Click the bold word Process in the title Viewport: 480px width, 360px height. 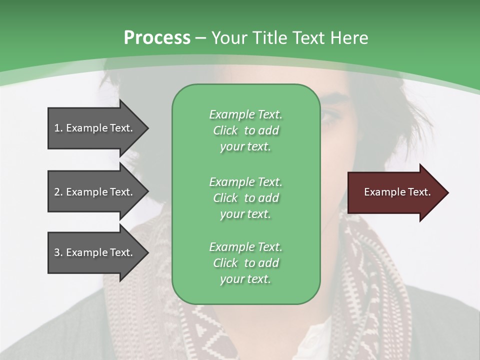157,38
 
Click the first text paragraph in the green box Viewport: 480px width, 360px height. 245,130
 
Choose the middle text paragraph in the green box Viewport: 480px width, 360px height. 245,198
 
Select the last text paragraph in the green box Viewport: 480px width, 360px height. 245,263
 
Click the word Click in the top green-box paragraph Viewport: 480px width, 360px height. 225,130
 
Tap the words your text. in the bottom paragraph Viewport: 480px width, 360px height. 245,279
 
